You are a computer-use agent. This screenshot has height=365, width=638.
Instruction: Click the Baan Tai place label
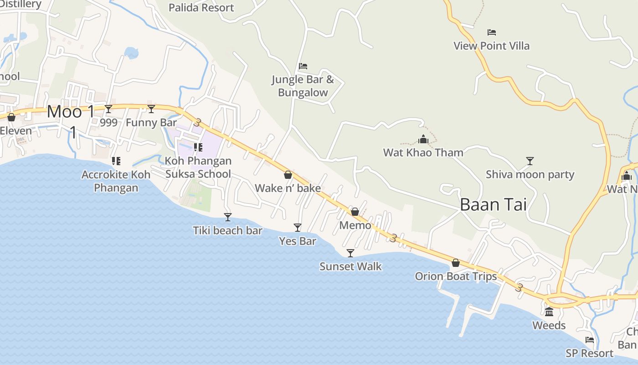(x=493, y=204)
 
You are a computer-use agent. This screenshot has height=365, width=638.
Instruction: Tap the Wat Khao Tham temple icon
(x=423, y=139)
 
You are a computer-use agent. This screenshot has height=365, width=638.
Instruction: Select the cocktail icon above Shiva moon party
(x=530, y=161)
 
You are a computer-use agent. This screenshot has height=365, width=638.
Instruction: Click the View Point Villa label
(x=491, y=46)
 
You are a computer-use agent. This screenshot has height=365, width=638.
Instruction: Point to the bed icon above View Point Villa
(x=491, y=32)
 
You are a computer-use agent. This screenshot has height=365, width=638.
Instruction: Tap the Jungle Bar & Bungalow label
(x=303, y=86)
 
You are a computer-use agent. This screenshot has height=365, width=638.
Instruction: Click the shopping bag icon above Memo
(x=355, y=212)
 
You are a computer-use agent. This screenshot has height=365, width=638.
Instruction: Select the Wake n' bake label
(x=288, y=188)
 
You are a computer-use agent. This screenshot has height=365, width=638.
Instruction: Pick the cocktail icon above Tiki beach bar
(x=228, y=217)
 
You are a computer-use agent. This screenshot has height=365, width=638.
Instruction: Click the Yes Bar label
(x=298, y=241)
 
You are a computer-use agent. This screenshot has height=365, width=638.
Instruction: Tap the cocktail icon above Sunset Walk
(x=350, y=253)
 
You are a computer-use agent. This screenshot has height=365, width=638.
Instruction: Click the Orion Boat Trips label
(x=456, y=276)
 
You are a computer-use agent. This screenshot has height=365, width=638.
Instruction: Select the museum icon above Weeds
(x=549, y=312)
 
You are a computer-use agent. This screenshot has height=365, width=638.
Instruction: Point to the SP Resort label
(x=589, y=353)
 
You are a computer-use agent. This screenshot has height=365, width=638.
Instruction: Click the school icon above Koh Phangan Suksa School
(x=198, y=147)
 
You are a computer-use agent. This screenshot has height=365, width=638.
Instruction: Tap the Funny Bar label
(x=151, y=122)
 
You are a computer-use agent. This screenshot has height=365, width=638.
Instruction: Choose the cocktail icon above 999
(x=108, y=109)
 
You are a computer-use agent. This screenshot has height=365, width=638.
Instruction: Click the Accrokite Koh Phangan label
(x=116, y=181)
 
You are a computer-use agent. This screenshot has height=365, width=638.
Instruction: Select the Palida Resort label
(x=201, y=8)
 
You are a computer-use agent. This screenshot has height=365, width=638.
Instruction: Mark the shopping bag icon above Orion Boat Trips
(x=455, y=263)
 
